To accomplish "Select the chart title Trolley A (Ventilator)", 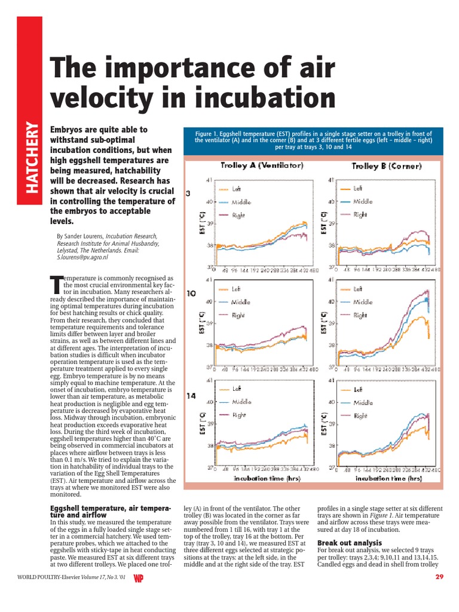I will click(x=262, y=165).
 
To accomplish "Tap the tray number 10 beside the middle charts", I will click(x=191, y=293).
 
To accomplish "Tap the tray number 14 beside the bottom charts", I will click(x=191, y=395).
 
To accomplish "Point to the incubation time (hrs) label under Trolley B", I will click(x=381, y=478).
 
